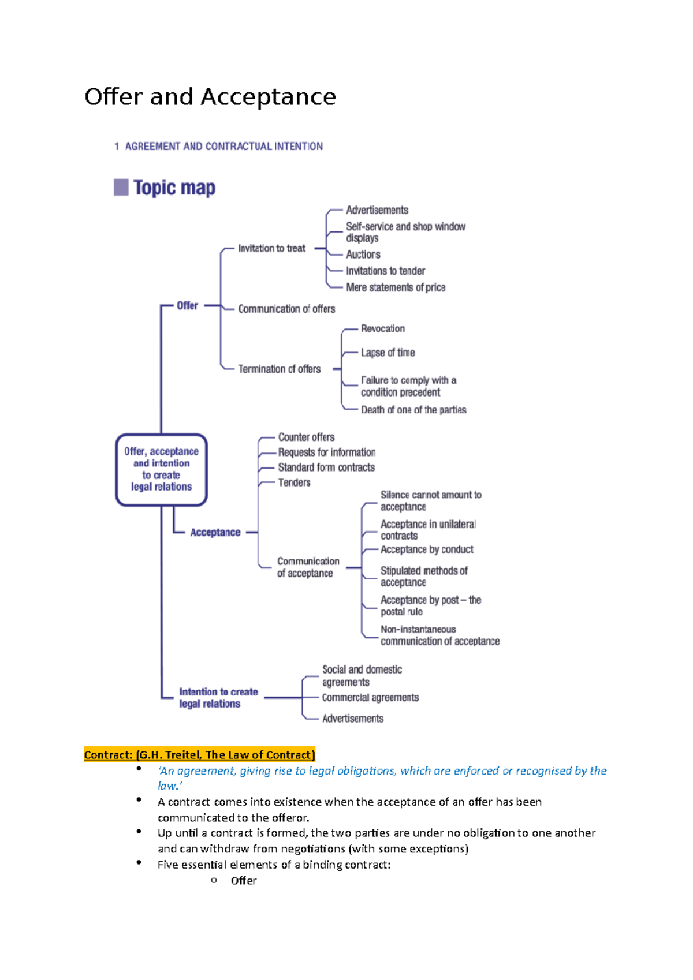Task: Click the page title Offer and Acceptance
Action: [x=210, y=97]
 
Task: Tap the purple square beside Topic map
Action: [x=121, y=187]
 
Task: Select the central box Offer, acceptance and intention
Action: [x=161, y=469]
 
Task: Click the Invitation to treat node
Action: [x=271, y=248]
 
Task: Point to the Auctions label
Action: [x=363, y=255]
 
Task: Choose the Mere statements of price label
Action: [x=396, y=287]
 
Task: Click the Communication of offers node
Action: [x=286, y=309]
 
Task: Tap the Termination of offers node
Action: [x=279, y=369]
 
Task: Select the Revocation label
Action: [x=382, y=328]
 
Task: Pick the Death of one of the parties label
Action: [x=413, y=410]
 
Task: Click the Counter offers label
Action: [x=306, y=437]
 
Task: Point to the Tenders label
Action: [x=294, y=482]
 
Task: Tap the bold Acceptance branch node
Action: [x=215, y=532]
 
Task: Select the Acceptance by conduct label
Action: [x=427, y=549]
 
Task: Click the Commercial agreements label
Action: [x=370, y=697]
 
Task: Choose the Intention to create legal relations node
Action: [x=218, y=697]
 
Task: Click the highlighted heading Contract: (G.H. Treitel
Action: [x=199, y=755]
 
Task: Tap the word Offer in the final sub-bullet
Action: [x=243, y=880]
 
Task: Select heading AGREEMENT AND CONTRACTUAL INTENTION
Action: [x=223, y=147]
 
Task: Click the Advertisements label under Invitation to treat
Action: [x=377, y=210]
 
